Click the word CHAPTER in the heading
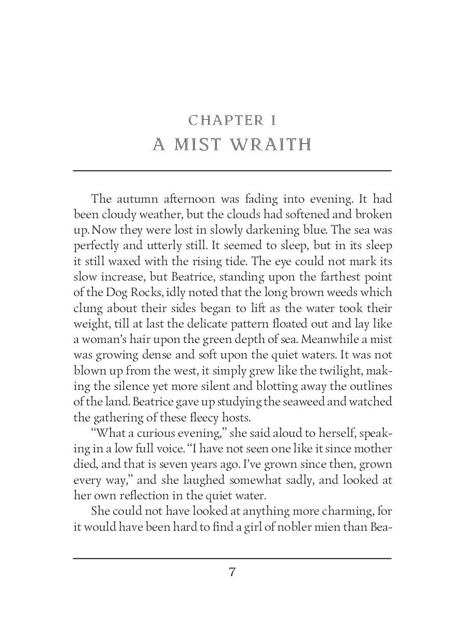click(x=226, y=121)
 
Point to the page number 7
click(x=232, y=572)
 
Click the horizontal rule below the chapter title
click(x=232, y=170)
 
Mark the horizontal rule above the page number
click(x=232, y=558)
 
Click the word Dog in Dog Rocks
click(x=111, y=294)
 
